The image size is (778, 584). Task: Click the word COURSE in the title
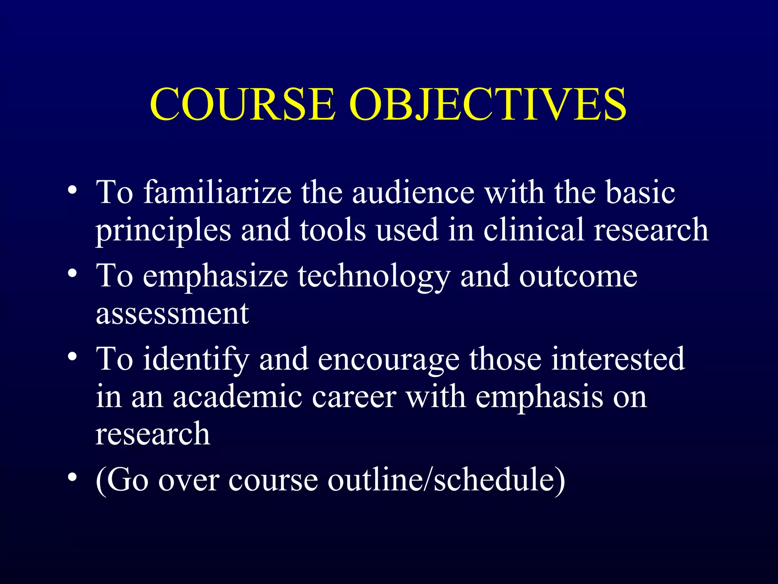243,104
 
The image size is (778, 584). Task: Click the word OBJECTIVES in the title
488,104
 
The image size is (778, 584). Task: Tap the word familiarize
217,192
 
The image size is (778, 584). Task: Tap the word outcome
578,277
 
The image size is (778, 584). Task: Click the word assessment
172,314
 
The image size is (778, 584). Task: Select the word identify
196,359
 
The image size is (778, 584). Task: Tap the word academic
238,397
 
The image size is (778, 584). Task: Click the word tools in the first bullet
333,230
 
